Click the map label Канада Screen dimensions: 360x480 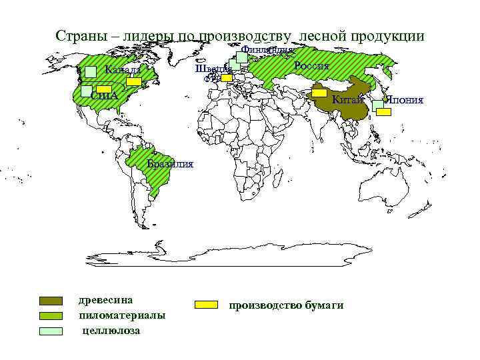pos(123,70)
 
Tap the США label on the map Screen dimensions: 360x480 pos(104,96)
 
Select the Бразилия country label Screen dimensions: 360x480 pos(170,164)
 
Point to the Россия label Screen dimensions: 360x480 pos(311,65)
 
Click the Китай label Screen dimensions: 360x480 pos(347,99)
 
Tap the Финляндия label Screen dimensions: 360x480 pos(267,49)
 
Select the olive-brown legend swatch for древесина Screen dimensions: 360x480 pos(51,301)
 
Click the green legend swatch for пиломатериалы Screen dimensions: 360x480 pos(51,315)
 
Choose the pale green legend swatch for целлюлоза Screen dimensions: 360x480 pos(51,330)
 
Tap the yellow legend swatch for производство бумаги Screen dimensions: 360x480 pos(207,305)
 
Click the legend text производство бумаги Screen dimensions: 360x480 pos(286,305)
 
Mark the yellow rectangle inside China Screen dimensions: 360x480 pos(319,93)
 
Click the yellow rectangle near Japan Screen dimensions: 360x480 pos(384,112)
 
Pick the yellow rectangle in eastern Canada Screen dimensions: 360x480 pos(135,81)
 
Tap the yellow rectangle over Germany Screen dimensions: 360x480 pos(227,77)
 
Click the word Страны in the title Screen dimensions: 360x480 pos(79,36)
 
